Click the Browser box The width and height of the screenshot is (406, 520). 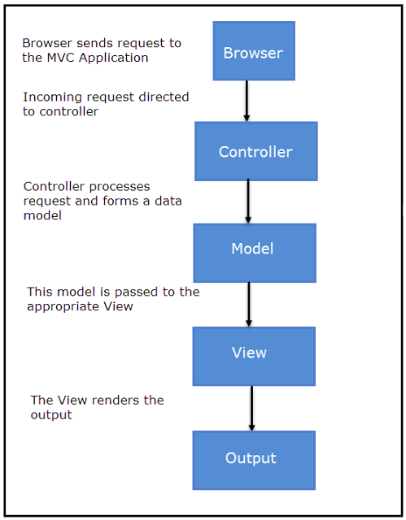pos(253,51)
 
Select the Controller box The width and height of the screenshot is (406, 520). pos(255,151)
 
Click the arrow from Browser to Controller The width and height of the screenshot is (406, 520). pos(247,101)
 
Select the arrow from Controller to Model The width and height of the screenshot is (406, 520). pos(248,201)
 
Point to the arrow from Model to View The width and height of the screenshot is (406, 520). pos(249,304)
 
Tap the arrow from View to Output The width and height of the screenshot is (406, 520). pos(251,408)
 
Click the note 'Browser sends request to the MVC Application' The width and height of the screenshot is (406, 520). pos(101,50)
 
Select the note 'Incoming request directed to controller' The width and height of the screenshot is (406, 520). pos(104,104)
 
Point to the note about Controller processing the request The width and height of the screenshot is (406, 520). pos(101,201)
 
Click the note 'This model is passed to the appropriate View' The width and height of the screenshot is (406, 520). pos(113,299)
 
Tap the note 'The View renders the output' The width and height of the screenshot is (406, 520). pos(97,407)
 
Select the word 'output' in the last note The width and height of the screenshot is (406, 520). pos(50,414)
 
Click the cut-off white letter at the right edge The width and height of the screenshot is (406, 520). pos(403,210)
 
